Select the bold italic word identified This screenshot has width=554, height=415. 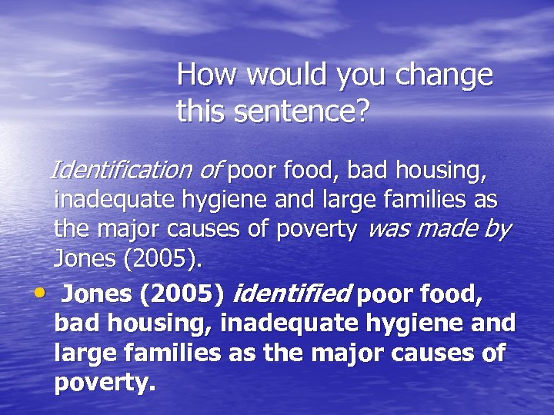[292, 293]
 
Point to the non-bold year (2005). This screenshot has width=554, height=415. [162, 259]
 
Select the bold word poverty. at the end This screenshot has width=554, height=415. [105, 383]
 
